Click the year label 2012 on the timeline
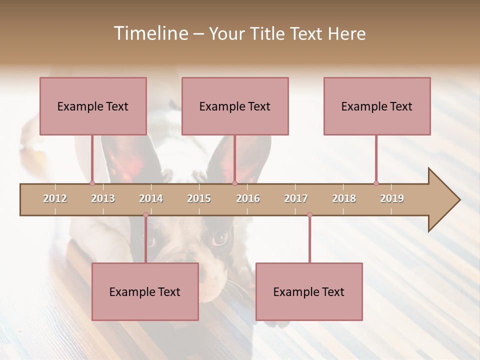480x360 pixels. click(55, 198)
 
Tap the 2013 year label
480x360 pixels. click(103, 198)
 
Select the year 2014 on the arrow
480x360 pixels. click(151, 198)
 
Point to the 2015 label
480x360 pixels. click(199, 198)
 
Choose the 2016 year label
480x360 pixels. click(248, 198)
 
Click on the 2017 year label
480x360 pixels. click(296, 198)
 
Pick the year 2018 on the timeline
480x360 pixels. click(344, 198)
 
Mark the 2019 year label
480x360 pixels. click(392, 198)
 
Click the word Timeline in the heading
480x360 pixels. click(150, 33)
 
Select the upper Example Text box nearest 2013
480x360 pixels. click(93, 106)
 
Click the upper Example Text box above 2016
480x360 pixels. click(235, 106)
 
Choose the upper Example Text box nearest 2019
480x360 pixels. click(377, 106)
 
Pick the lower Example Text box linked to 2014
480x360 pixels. click(145, 291)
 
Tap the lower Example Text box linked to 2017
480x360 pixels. click(309, 291)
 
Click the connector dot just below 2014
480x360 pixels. click(145, 215)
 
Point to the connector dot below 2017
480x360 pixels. click(309, 215)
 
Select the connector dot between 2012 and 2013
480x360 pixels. click(92, 183)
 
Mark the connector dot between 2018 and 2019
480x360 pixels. click(376, 183)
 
